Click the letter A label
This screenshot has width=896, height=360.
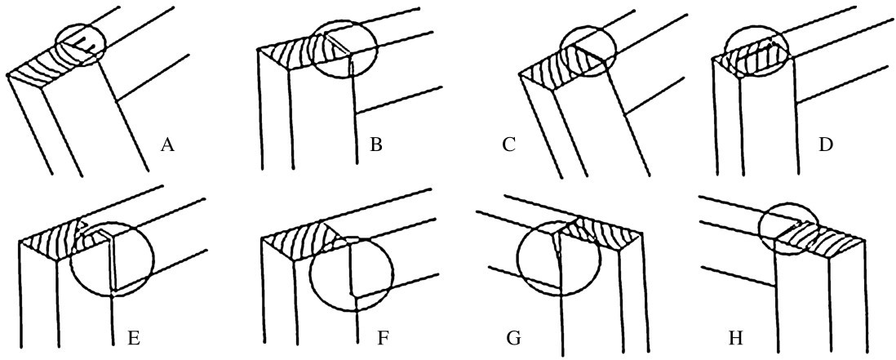click(167, 146)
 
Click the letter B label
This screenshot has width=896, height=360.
click(376, 147)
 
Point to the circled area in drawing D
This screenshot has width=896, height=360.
click(756, 53)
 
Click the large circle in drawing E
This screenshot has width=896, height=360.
click(112, 257)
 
